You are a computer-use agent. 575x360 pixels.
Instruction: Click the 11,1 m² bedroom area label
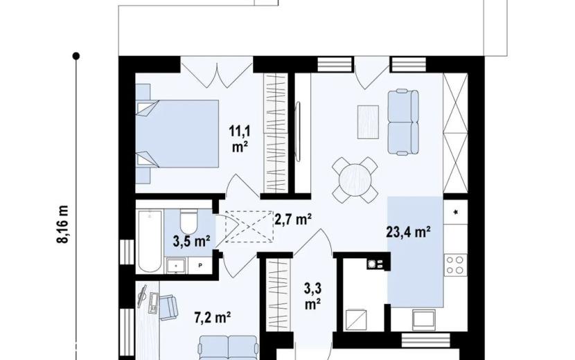click(x=240, y=139)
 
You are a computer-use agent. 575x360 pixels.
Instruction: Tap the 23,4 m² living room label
click(x=408, y=232)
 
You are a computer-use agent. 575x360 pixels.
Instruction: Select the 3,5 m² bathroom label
click(x=191, y=241)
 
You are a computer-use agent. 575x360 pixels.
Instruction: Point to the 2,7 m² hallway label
click(x=293, y=219)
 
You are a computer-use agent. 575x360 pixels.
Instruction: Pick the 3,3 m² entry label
click(x=313, y=296)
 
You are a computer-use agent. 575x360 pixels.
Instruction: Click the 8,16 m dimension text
click(x=63, y=224)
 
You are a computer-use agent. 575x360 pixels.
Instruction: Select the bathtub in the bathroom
click(x=150, y=241)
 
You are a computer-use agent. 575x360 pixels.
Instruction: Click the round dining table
click(x=355, y=180)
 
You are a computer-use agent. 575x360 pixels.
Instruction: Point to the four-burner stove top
click(x=455, y=265)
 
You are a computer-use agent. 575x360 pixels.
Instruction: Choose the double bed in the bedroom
click(x=177, y=134)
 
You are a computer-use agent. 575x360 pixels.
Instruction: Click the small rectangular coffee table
click(x=368, y=122)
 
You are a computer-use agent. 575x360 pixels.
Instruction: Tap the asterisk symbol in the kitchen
click(x=456, y=213)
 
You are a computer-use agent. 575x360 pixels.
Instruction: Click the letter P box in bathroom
click(x=201, y=265)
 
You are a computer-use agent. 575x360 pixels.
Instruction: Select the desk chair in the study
click(x=168, y=307)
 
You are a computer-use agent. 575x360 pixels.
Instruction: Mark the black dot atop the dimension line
click(x=76, y=56)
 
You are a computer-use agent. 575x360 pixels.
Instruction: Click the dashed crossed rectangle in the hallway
click(x=249, y=226)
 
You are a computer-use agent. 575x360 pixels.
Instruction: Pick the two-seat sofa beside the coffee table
click(x=403, y=122)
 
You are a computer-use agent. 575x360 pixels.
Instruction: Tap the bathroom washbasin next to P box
click(x=177, y=265)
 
